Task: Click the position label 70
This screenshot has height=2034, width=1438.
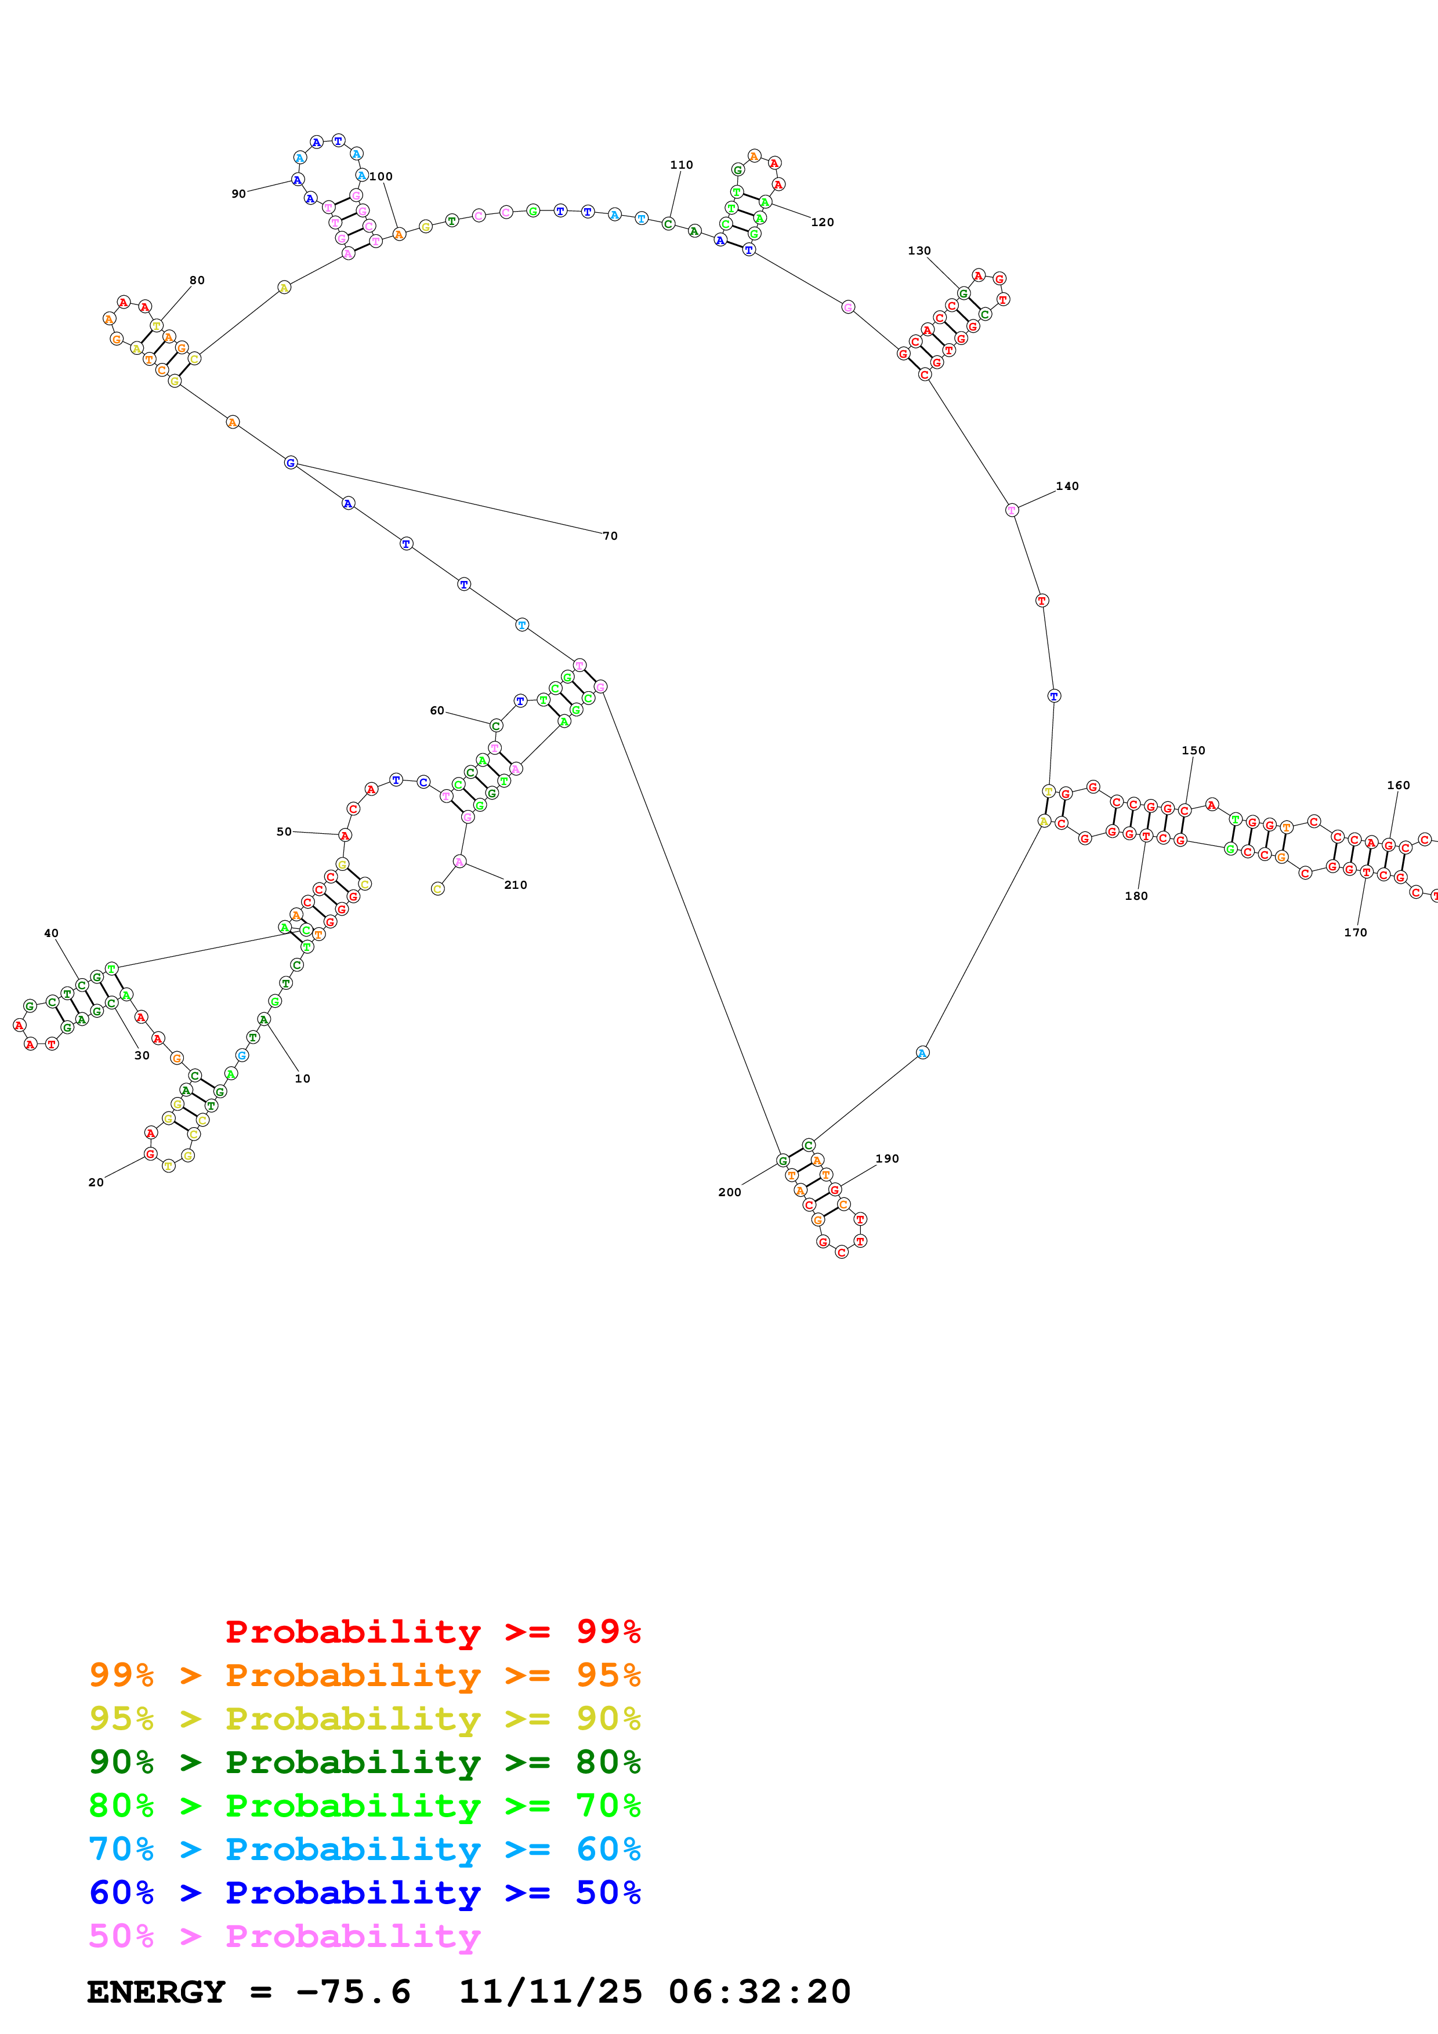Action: point(610,536)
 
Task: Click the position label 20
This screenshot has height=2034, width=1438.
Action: point(96,1183)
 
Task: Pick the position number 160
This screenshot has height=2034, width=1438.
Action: point(1397,786)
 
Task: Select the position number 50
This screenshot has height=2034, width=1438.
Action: point(284,832)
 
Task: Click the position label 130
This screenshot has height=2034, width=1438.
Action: point(919,250)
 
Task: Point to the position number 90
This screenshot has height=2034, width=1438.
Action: point(238,194)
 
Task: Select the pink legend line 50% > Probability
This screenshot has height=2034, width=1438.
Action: point(284,1937)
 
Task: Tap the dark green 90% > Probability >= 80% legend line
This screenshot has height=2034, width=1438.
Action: point(365,1762)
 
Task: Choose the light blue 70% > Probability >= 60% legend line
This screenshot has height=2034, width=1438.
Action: point(365,1850)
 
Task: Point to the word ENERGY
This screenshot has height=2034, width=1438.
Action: point(156,1992)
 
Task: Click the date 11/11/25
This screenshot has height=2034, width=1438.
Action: point(550,1992)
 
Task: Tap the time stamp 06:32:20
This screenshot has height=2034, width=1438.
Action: point(759,1992)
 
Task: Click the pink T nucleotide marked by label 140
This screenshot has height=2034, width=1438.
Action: point(1012,510)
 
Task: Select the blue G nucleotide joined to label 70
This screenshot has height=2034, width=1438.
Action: point(291,463)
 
